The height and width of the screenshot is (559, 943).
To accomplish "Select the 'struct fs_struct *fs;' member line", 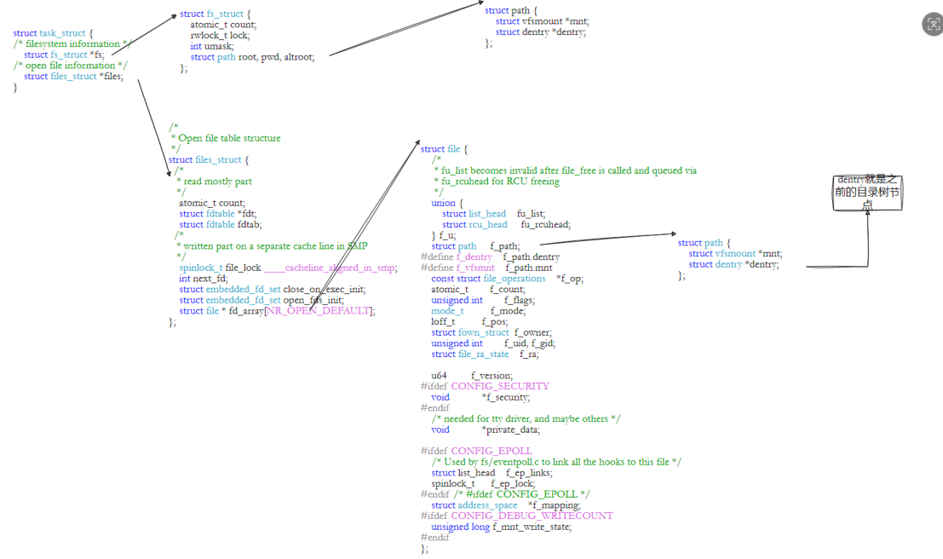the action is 64,55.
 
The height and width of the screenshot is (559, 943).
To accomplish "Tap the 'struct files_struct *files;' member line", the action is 73,76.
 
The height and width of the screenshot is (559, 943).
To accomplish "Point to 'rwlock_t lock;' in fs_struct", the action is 220,36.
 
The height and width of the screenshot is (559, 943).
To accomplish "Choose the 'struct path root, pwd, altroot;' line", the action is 252,57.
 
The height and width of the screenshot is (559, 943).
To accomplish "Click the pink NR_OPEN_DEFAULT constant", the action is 319,311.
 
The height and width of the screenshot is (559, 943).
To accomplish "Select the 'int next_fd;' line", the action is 204,279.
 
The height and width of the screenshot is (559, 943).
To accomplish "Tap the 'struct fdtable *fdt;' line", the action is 217,214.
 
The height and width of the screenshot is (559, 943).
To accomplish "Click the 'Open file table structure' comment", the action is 229,138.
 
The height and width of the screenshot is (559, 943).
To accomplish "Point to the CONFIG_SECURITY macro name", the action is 500,386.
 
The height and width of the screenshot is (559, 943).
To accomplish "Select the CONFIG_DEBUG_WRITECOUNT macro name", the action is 532,516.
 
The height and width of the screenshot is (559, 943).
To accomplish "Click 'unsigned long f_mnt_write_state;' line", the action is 501,527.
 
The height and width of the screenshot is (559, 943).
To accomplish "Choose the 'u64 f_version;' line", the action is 472,375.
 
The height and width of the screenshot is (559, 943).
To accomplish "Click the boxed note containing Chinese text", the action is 867,192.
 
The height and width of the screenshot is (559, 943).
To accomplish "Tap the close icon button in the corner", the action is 932,24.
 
